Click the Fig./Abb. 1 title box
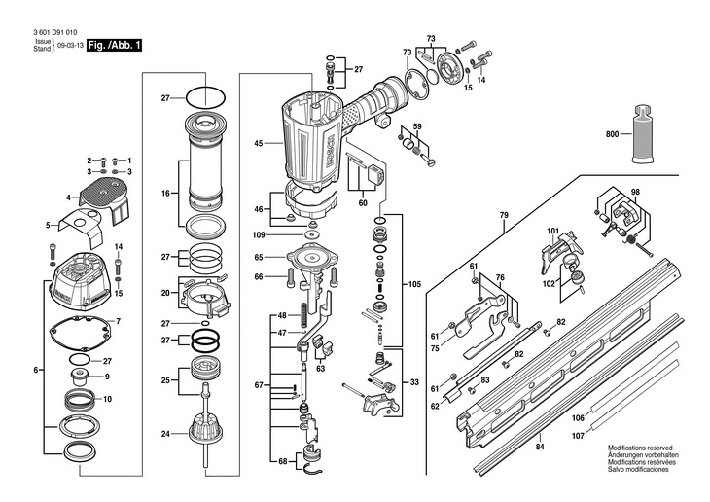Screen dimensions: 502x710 pyautogui.click(x=115, y=45)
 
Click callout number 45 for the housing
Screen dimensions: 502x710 pyautogui.click(x=259, y=144)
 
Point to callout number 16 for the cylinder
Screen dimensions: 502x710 pyautogui.click(x=165, y=194)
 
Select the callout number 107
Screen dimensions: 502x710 pyautogui.click(x=605, y=435)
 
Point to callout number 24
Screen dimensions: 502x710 pyautogui.click(x=165, y=434)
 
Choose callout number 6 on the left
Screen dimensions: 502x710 pyautogui.click(x=36, y=370)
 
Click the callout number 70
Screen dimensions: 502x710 pyautogui.click(x=408, y=52)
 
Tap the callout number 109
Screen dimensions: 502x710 pyautogui.click(x=259, y=235)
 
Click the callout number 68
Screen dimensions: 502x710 pyautogui.click(x=283, y=461)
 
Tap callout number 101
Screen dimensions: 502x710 pyautogui.click(x=552, y=231)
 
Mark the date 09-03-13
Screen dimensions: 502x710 pyautogui.click(x=68, y=46)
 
